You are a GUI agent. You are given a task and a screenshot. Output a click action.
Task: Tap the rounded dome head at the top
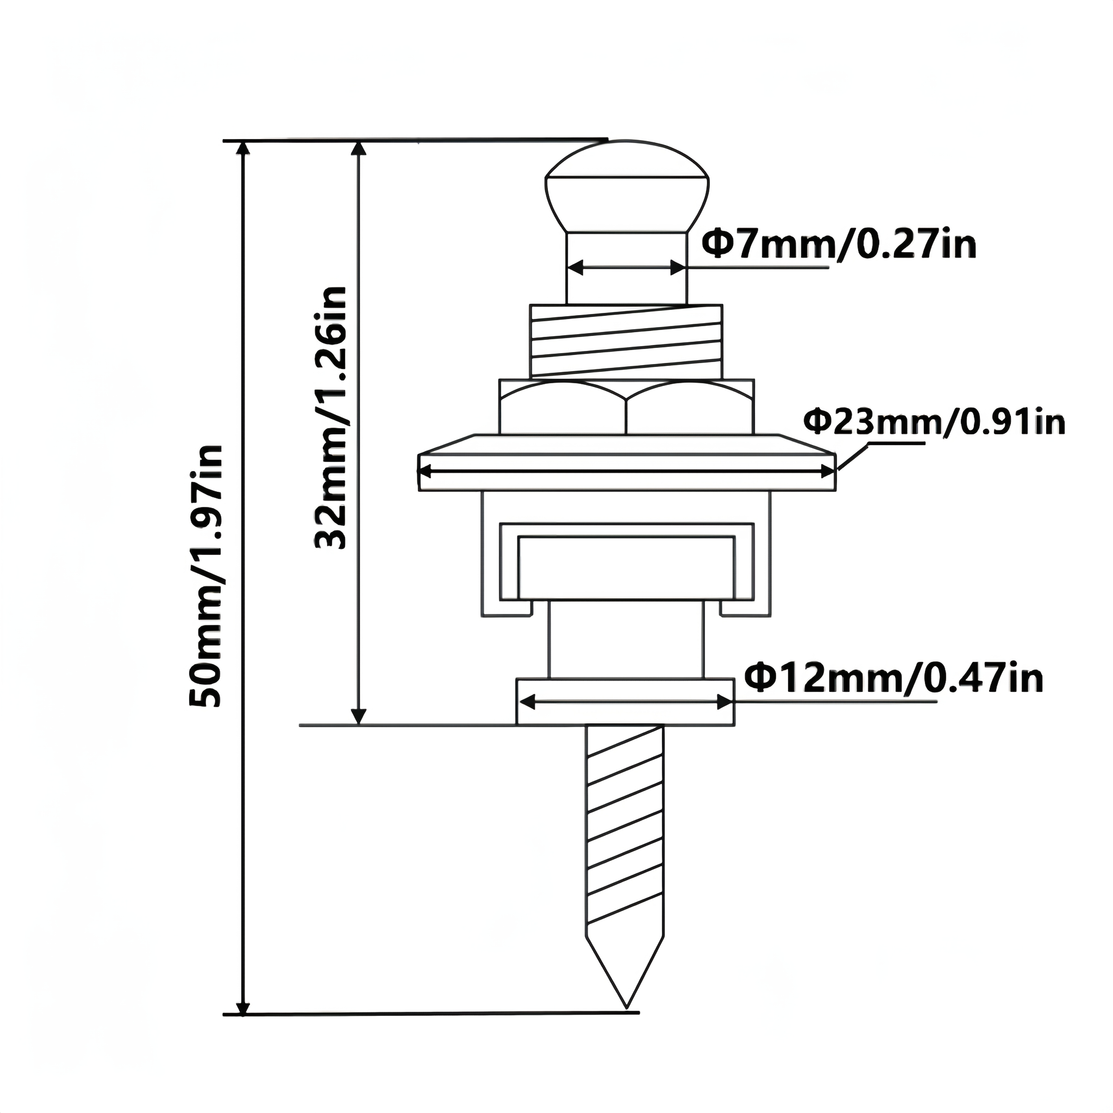pos(627,184)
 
